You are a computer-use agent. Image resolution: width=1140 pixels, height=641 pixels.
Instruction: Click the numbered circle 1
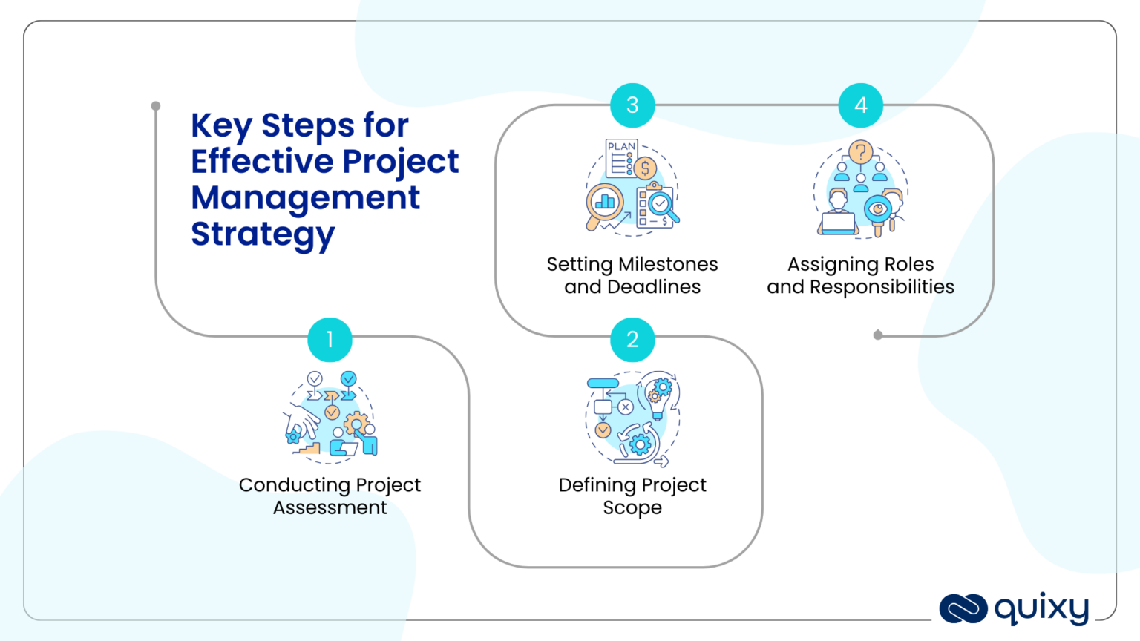tap(330, 340)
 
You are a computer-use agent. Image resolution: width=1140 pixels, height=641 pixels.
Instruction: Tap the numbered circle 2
tap(632, 340)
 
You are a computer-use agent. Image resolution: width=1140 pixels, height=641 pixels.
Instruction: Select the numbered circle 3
tap(632, 105)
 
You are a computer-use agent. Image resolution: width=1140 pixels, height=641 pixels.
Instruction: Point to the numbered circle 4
tap(860, 105)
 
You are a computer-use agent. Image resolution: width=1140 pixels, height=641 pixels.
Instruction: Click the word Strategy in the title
tap(263, 234)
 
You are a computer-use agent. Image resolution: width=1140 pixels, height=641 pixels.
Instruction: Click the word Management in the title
tap(305, 198)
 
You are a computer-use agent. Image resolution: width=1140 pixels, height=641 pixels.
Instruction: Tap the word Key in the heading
tap(220, 126)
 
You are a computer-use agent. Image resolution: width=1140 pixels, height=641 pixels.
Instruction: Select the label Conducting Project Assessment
tap(330, 496)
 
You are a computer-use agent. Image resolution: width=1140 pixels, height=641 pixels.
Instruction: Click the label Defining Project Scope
tap(632, 496)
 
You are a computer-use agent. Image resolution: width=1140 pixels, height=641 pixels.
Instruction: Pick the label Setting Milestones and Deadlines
tap(632, 275)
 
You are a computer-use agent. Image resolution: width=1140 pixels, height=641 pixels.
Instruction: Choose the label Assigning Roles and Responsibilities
tap(860, 275)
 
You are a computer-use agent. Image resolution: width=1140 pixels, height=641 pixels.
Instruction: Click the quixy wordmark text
tap(1041, 609)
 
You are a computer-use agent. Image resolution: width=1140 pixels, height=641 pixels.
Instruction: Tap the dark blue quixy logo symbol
tap(963, 609)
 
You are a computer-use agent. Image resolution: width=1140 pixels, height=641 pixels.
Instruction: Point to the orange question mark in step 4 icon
tap(860, 153)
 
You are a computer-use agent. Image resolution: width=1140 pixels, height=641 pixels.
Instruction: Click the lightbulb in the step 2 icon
tap(658, 393)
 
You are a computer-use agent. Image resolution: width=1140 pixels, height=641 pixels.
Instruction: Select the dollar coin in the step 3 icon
tap(645, 169)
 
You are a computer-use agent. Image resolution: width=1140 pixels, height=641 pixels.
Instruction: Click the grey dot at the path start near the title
tap(156, 106)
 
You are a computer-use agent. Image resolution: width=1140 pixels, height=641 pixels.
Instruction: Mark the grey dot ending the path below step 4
tap(878, 335)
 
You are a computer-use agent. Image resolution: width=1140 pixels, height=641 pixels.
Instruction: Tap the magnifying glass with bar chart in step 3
tap(604, 203)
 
